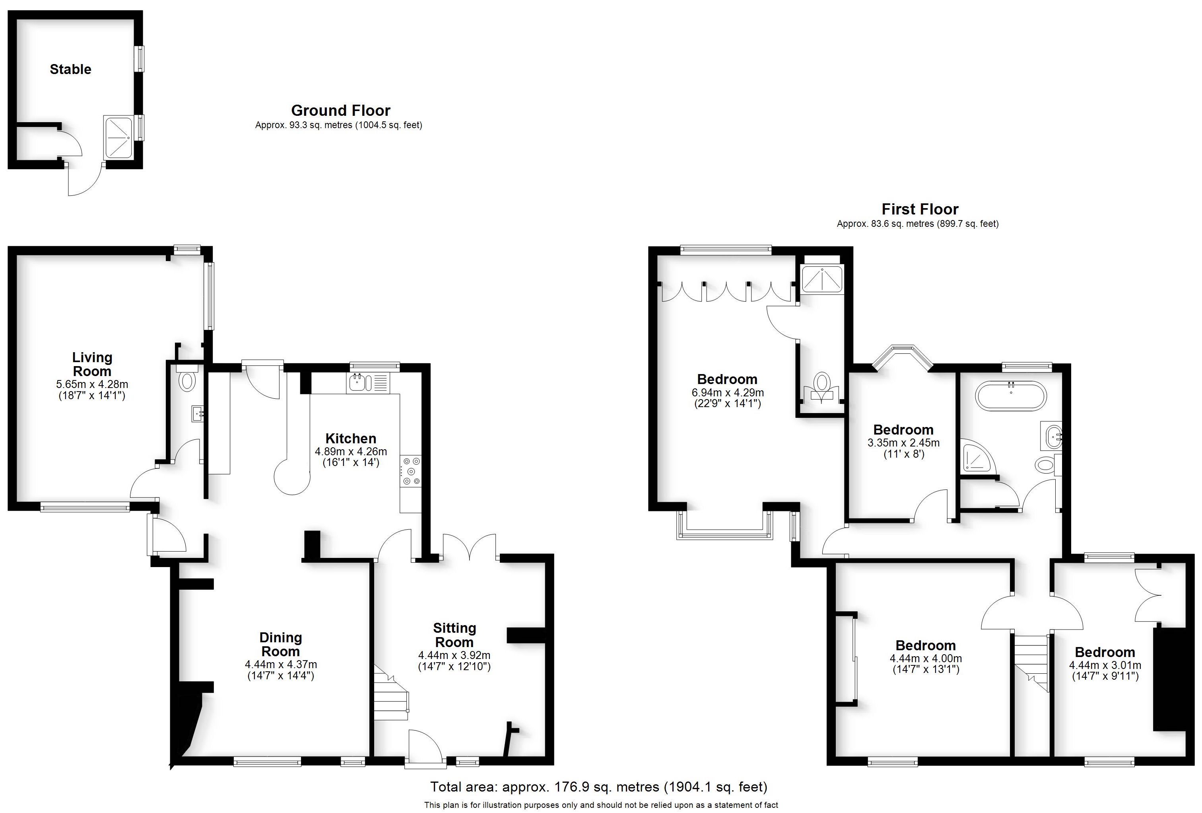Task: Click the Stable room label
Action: click(x=70, y=69)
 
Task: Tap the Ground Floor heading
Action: click(x=340, y=110)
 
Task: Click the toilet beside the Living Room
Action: click(x=187, y=380)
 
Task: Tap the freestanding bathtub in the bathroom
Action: click(x=1011, y=396)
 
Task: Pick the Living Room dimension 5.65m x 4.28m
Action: click(x=92, y=384)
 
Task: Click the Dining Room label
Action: click(x=280, y=644)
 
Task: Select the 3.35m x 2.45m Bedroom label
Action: click(x=903, y=430)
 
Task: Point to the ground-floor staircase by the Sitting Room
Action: click(x=390, y=696)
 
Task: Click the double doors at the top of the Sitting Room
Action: click(x=470, y=548)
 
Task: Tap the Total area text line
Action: click(x=598, y=787)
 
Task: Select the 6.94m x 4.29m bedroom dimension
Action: click(x=727, y=393)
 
